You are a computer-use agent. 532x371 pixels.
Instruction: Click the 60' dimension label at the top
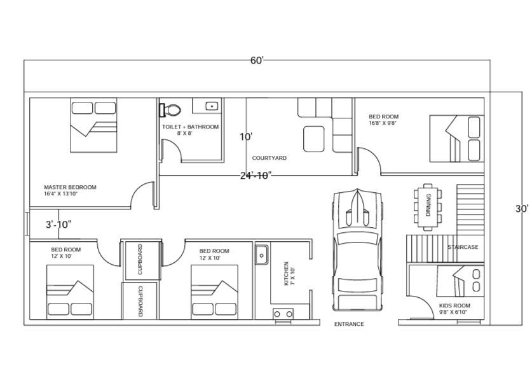tap(257, 60)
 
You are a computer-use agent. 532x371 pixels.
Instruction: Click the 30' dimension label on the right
tap(522, 209)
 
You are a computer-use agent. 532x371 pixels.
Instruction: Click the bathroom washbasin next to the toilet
tap(212, 106)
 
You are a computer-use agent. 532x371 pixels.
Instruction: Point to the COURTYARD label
tap(269, 158)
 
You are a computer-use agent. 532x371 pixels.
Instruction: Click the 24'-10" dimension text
tap(256, 176)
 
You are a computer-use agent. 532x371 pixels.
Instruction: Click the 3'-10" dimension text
tap(58, 224)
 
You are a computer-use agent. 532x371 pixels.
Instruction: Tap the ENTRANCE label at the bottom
tap(350, 325)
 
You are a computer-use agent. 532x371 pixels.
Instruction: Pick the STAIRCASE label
tap(463, 247)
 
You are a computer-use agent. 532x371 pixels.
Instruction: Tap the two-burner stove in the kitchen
tap(283, 314)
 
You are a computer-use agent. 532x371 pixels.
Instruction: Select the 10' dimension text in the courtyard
tap(247, 137)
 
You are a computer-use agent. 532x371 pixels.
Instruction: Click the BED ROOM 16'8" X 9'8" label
tap(384, 120)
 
